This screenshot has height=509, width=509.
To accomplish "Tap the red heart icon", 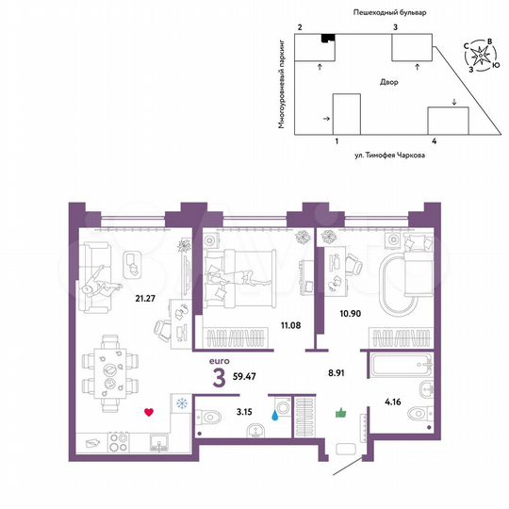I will (148, 411).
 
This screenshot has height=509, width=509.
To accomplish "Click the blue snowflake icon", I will (179, 404).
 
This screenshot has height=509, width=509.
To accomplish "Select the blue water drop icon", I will (274, 411).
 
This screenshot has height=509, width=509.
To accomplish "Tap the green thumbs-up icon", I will (341, 411).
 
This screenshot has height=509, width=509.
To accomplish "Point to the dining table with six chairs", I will (110, 371).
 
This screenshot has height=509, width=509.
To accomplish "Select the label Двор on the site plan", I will (390, 83).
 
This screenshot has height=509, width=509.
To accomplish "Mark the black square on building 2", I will (327, 38).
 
